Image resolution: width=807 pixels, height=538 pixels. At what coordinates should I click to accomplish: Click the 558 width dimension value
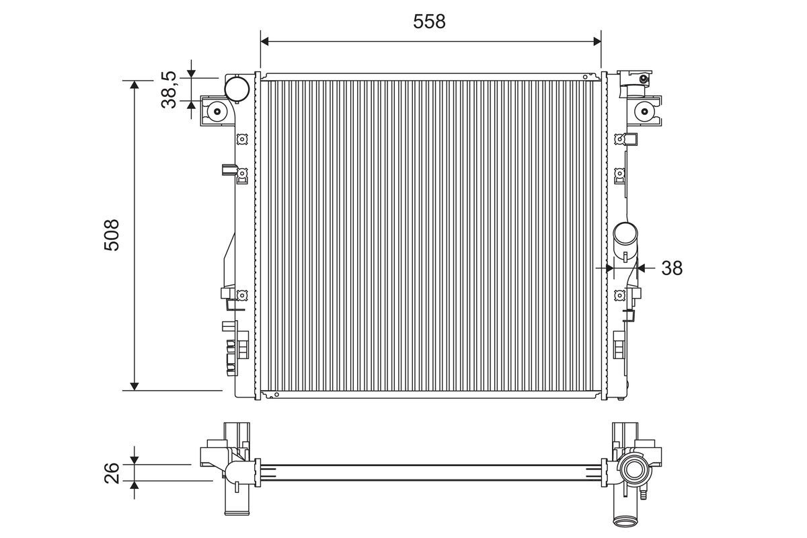(429, 22)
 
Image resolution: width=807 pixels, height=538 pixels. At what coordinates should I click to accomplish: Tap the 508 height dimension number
(112, 235)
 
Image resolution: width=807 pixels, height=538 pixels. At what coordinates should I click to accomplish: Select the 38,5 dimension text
(169, 89)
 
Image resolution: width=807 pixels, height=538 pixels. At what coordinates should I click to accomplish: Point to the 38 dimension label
(672, 268)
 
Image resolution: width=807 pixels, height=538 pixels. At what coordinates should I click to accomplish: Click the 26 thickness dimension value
(112, 473)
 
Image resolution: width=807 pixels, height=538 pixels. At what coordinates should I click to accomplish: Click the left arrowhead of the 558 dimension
(265, 42)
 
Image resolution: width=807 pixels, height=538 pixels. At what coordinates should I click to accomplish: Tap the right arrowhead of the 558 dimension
(597, 42)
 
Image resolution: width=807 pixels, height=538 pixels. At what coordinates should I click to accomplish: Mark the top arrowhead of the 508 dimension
(134, 85)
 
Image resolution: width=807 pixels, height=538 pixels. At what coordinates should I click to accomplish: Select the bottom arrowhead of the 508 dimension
(134, 386)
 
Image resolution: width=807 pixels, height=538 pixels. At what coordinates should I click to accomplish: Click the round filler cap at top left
(237, 88)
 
